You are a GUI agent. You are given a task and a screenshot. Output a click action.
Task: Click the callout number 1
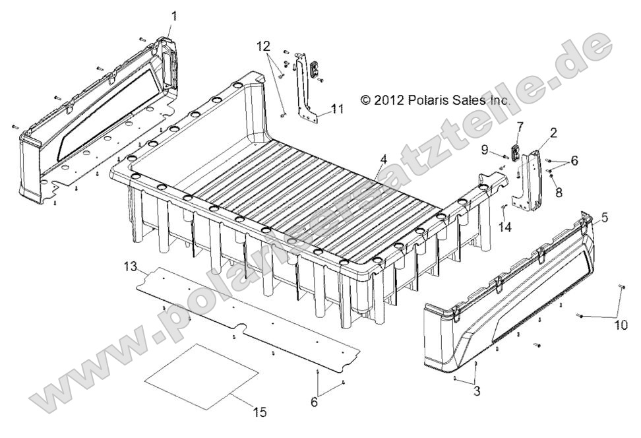click(174, 15)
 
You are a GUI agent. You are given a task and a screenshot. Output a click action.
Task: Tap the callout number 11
click(338, 109)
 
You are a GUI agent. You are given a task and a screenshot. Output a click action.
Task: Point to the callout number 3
click(476, 391)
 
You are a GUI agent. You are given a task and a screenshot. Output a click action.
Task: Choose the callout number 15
click(260, 412)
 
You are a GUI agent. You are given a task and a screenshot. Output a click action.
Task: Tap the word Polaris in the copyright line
click(436, 100)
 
